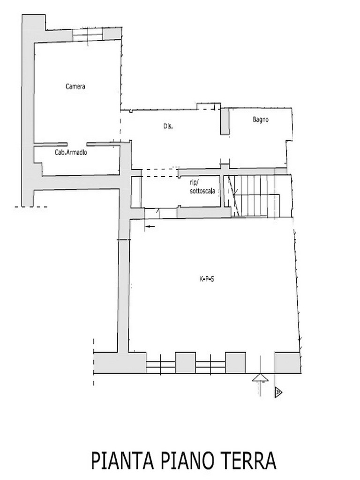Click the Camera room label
[x=75, y=86]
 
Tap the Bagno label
[x=261, y=120]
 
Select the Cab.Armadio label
[x=71, y=152]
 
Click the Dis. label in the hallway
[x=168, y=126]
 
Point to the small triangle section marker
[x=278, y=392]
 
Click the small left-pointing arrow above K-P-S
[x=150, y=226]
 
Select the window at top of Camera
[x=88, y=34]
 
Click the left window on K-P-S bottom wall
[x=160, y=363]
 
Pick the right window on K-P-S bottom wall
[x=210, y=363]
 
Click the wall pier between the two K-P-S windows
[x=185, y=363]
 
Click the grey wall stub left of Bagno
[x=225, y=121]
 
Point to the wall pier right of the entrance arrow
[x=287, y=363]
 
